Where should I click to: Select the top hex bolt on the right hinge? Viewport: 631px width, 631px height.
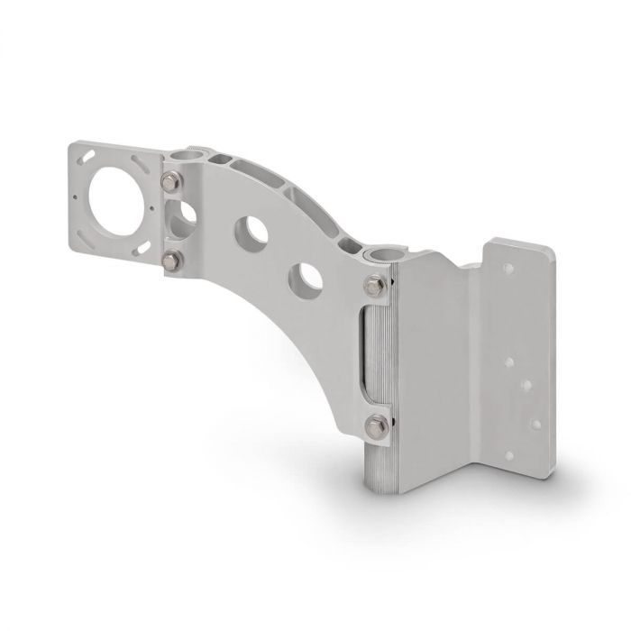pos(374,288)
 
